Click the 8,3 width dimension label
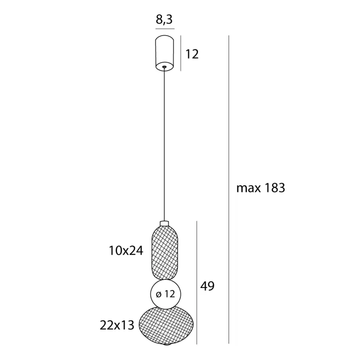coord(165,19)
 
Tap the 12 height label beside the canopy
coord(192,54)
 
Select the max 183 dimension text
coord(261,188)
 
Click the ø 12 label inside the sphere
coord(166,294)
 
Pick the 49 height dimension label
coord(207,286)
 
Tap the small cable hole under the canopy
coord(165,67)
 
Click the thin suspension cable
coord(165,144)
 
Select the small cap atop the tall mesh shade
coord(165,223)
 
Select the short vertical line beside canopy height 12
coord(181,53)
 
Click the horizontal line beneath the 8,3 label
coord(165,29)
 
